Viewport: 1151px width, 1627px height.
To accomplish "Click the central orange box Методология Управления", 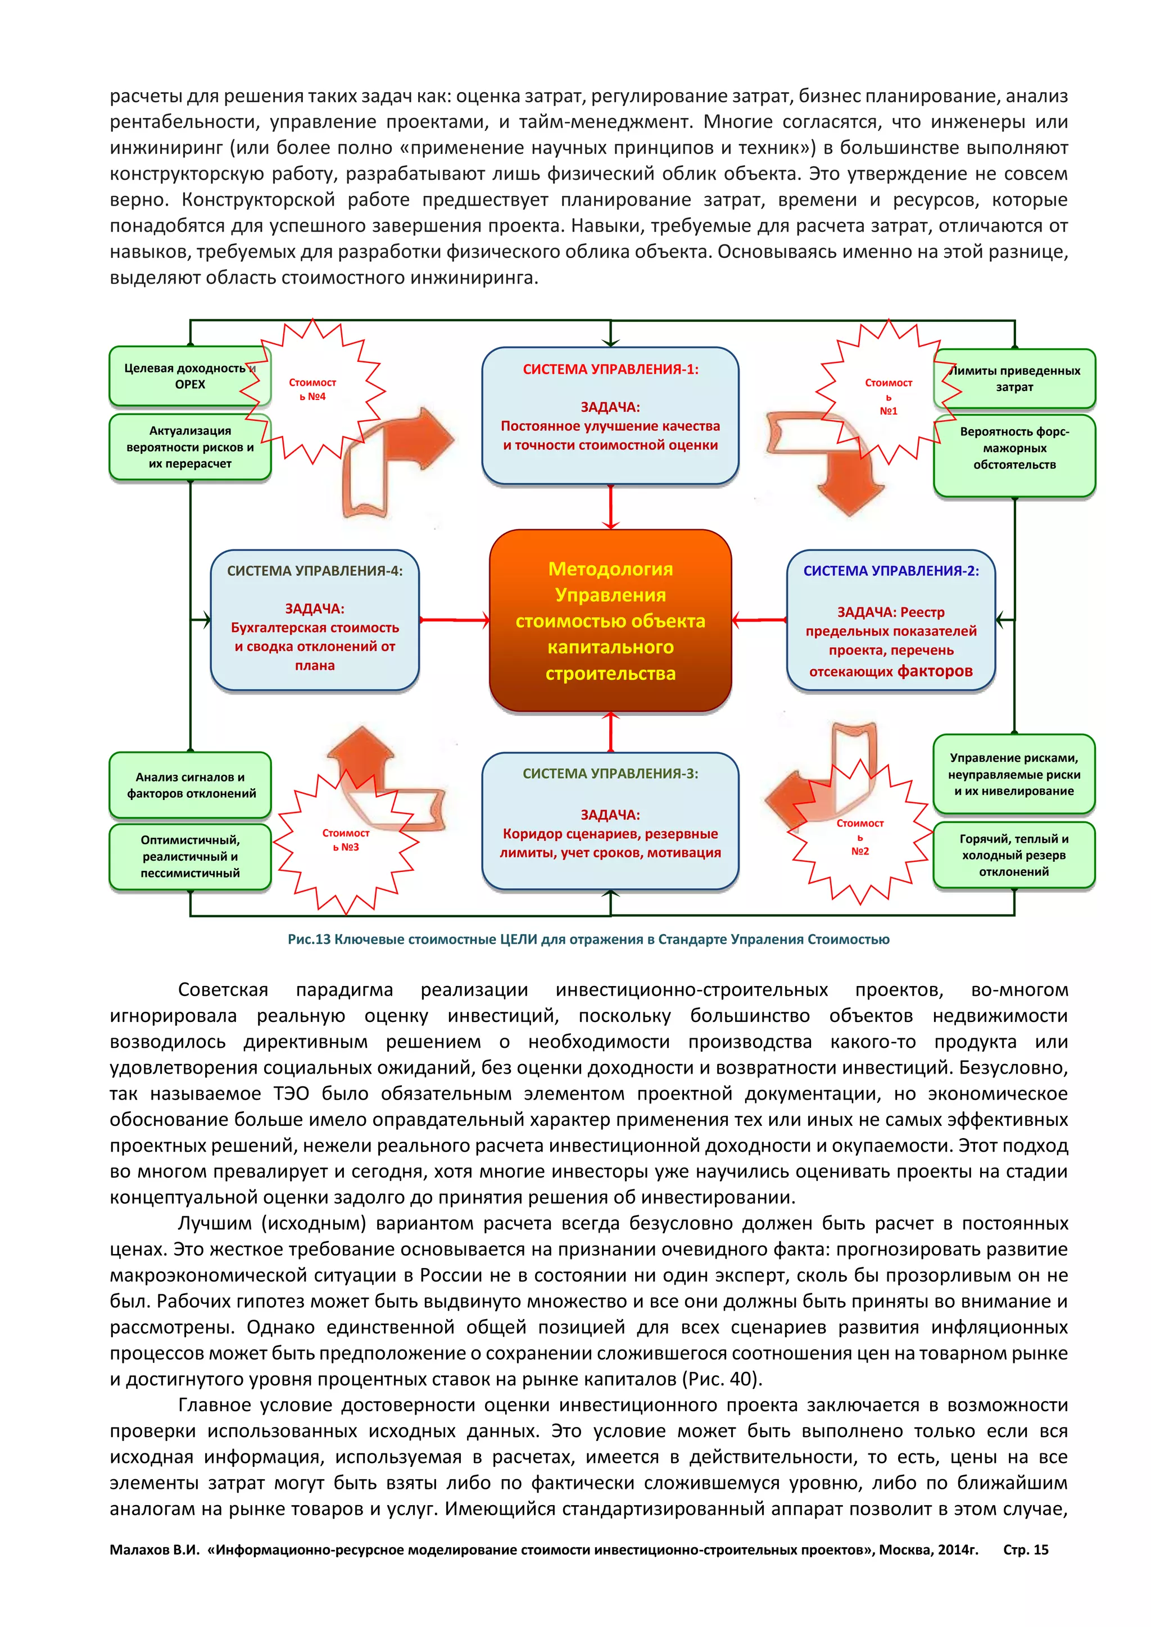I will (610, 620).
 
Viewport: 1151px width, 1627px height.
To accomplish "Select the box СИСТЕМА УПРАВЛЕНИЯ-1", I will (610, 415).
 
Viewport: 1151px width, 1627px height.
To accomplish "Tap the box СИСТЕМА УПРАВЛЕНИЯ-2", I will (891, 620).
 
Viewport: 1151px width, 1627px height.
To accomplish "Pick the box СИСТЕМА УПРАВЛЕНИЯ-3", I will (610, 821).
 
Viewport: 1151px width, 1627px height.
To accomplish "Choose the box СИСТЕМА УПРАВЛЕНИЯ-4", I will (315, 620).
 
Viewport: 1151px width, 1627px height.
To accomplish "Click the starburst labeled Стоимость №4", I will (312, 390).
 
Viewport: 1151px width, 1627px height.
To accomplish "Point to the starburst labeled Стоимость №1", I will (888, 397).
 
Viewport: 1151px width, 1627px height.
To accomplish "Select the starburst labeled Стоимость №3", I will (346, 840).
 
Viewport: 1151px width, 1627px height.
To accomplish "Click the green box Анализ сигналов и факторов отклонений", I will (190, 785).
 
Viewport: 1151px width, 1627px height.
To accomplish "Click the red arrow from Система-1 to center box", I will (610, 507).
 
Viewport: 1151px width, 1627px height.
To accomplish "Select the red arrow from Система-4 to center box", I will (454, 620).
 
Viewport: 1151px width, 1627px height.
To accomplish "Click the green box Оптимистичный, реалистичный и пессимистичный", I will (190, 856).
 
